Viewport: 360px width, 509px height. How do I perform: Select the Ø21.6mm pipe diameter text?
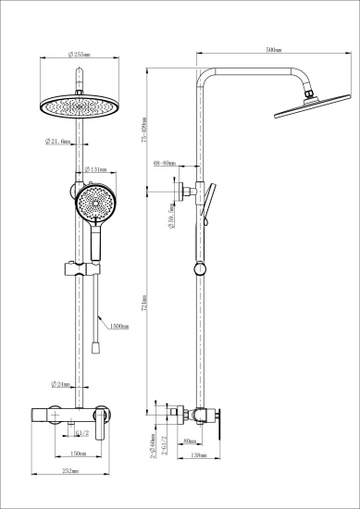[x=59, y=142]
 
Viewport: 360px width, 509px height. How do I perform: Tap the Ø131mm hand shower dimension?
[x=97, y=170]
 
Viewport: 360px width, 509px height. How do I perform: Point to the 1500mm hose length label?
[x=118, y=327]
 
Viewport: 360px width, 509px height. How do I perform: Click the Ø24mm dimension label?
[x=61, y=384]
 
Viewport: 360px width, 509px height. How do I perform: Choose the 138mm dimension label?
[x=197, y=455]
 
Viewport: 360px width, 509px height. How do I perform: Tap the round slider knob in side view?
[x=197, y=269]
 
